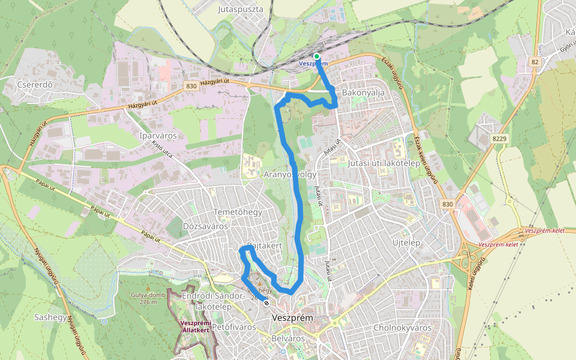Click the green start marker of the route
pyautogui.click(x=317, y=56)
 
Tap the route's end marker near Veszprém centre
pyautogui.click(x=266, y=303)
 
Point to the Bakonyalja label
pyautogui.click(x=362, y=93)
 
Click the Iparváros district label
pyautogui.click(x=158, y=136)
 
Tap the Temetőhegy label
pyautogui.click(x=238, y=212)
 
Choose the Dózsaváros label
pyautogui.click(x=206, y=226)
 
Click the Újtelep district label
pyautogui.click(x=406, y=242)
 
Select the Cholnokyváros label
pyautogui.click(x=403, y=328)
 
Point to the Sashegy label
pyautogui.click(x=50, y=317)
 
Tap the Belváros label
pyautogui.click(x=288, y=338)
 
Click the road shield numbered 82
pyautogui.click(x=535, y=62)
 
